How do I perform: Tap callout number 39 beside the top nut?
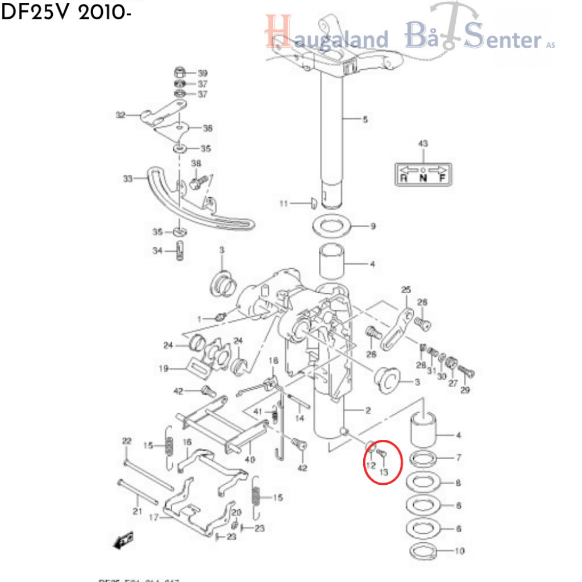click(x=203, y=73)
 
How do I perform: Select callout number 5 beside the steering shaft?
click(x=365, y=119)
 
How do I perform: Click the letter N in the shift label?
click(x=422, y=178)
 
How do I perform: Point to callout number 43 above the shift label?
click(x=422, y=144)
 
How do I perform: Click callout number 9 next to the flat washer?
click(x=373, y=227)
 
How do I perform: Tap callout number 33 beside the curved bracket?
click(x=127, y=179)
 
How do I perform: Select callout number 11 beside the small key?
click(x=284, y=203)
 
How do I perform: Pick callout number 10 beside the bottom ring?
click(x=460, y=551)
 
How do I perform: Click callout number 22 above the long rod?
click(x=126, y=441)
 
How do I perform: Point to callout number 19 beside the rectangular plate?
click(x=164, y=368)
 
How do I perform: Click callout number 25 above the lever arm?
click(x=406, y=290)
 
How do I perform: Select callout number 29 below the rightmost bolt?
click(x=465, y=390)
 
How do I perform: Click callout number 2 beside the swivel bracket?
click(x=368, y=410)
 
